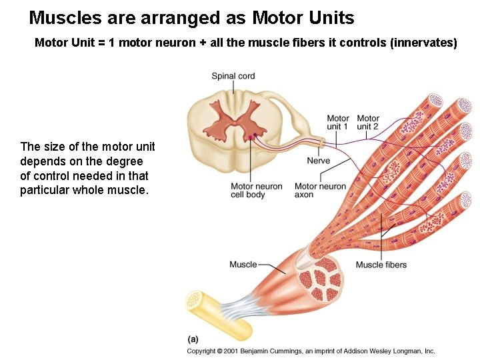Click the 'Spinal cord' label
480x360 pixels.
[233, 76]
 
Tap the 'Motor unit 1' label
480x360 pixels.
[338, 123]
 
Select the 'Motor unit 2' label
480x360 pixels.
[368, 123]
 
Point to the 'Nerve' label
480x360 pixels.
[319, 161]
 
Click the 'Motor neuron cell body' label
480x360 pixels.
[257, 191]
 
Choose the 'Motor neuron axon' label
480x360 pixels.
[320, 191]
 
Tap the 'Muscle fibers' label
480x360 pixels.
[381, 265]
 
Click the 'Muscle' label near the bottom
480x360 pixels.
[243, 265]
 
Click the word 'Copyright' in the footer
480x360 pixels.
[201, 351]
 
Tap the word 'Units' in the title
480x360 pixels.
[327, 17]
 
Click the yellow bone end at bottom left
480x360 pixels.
[194, 301]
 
